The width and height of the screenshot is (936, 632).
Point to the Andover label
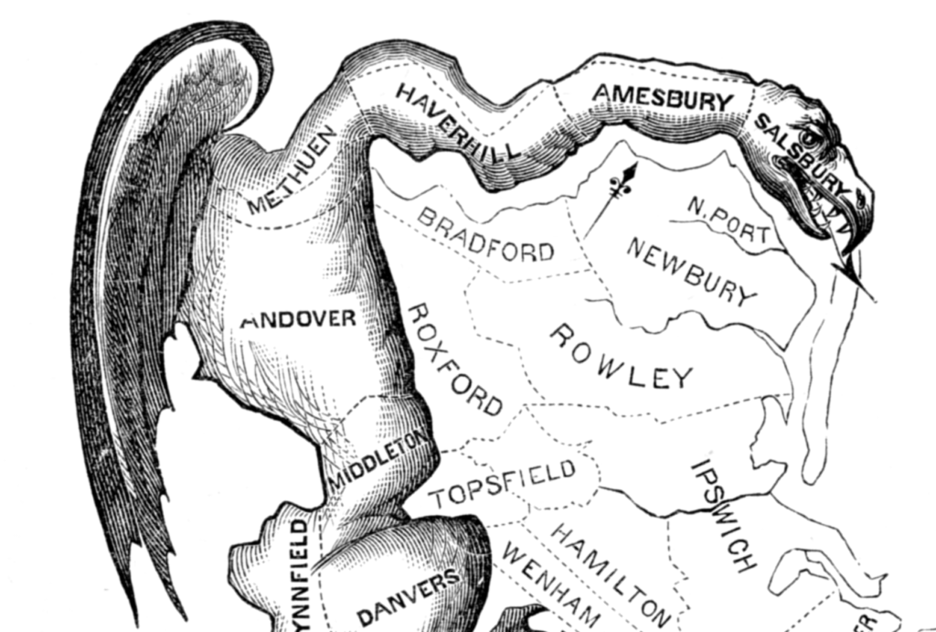298,320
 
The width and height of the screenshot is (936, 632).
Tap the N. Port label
729,220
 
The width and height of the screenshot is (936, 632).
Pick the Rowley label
621,356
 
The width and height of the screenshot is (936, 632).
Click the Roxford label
453,358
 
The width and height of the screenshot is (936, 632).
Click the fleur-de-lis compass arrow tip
629,173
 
